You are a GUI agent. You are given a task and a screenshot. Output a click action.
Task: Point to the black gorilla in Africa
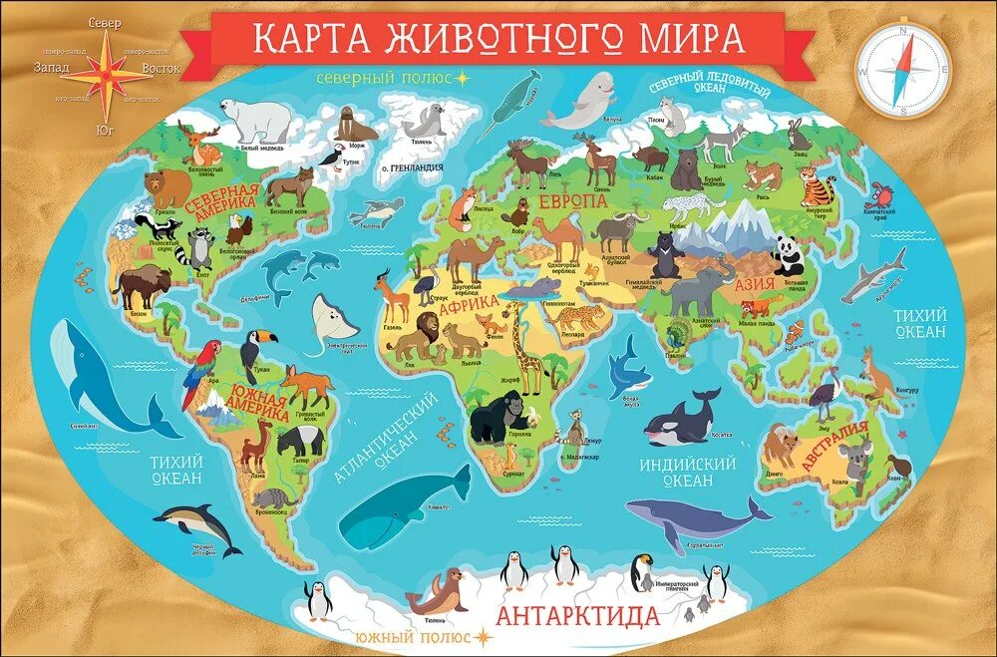point(495,416)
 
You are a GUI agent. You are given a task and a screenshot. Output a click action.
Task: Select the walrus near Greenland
point(355,126)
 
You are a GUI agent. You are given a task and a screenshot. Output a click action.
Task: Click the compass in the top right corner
point(902,72)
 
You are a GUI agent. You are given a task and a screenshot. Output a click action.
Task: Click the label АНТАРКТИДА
point(576,613)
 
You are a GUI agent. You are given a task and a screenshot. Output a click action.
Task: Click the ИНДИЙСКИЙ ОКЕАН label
point(689,472)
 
